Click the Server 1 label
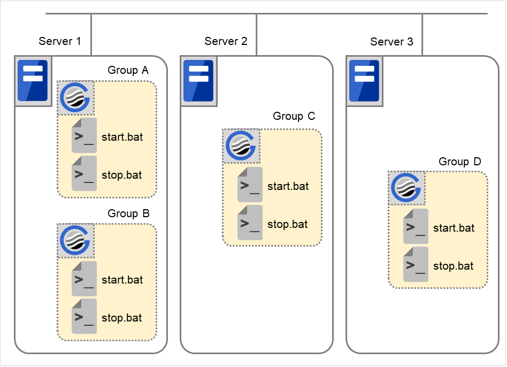click(x=60, y=41)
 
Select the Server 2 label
click(x=226, y=41)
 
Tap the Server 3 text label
click(x=391, y=41)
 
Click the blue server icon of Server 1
click(x=33, y=80)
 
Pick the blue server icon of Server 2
click(x=198, y=80)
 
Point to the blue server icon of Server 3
click(x=364, y=80)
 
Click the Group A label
click(x=128, y=70)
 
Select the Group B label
click(x=128, y=213)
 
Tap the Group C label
click(x=294, y=116)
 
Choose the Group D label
click(x=460, y=162)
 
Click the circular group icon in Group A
click(x=75, y=98)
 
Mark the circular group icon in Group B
click(x=75, y=241)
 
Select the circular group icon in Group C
click(x=241, y=146)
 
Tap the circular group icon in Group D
click(x=407, y=188)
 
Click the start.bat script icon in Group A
click(x=84, y=136)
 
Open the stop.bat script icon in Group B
click(x=84, y=317)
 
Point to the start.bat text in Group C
click(x=288, y=187)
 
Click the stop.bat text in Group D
click(x=453, y=266)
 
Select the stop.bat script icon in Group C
click(x=250, y=223)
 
